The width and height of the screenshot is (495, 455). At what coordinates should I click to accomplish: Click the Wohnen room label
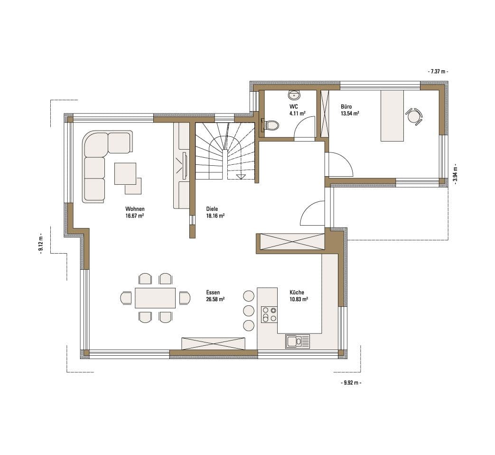tap(135, 209)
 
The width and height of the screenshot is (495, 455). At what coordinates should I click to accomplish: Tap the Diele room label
tap(212, 209)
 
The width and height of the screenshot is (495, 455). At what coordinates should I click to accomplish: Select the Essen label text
tap(213, 293)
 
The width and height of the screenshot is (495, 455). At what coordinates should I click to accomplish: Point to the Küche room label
tap(297, 293)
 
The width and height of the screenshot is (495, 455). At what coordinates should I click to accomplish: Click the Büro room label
tap(346, 106)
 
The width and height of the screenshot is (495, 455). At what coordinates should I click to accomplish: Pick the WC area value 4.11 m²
tap(297, 113)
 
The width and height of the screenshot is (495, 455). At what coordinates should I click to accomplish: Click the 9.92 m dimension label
tap(351, 383)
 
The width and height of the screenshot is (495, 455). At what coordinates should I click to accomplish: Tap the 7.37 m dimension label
tap(438, 71)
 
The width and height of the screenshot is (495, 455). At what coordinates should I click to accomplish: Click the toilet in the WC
tap(270, 125)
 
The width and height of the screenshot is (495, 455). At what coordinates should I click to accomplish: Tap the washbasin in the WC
tap(295, 94)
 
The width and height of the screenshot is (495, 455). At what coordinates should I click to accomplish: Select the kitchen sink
tap(298, 341)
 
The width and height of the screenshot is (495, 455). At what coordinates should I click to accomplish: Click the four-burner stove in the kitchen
tap(269, 314)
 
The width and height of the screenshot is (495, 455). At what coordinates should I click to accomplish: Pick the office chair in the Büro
tap(413, 117)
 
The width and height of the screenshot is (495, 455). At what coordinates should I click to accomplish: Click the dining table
tap(155, 298)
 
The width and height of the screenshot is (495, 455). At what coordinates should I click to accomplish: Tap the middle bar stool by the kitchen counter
tap(249, 311)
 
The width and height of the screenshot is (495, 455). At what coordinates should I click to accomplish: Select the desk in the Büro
tap(392, 115)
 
